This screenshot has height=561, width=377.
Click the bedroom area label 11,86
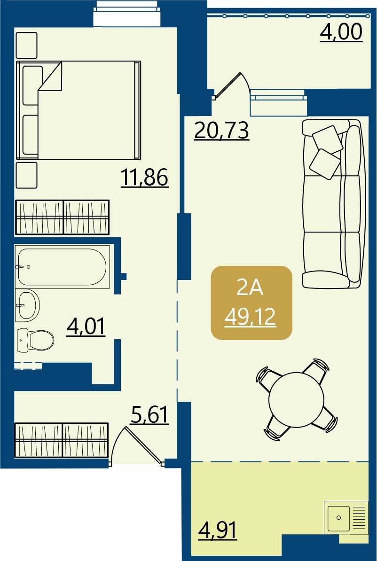pyautogui.click(x=145, y=178)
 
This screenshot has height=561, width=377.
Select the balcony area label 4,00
pyautogui.click(x=341, y=32)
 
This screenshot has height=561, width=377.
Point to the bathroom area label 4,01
pyautogui.click(x=86, y=327)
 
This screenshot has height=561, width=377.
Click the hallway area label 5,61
pyautogui.click(x=149, y=415)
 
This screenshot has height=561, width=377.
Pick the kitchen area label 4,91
pyautogui.click(x=217, y=530)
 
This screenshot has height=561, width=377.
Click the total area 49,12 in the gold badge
pyautogui.click(x=250, y=317)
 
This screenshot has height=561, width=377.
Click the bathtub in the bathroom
pyautogui.click(x=63, y=266)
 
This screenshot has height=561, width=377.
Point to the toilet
pyautogui.click(x=35, y=340)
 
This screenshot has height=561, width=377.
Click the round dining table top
pyautogui.click(x=297, y=400)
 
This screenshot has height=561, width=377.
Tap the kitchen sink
pyautogui.click(x=346, y=517)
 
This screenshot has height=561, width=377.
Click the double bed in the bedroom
pyautogui.click(x=79, y=110)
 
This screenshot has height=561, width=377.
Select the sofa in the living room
pyautogui.click(x=332, y=203)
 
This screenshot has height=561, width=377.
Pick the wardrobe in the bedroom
pyautogui.click(x=62, y=217)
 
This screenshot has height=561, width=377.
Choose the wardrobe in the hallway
pyautogui.click(x=61, y=440)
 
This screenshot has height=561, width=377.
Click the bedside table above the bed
pyautogui.click(x=26, y=45)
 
